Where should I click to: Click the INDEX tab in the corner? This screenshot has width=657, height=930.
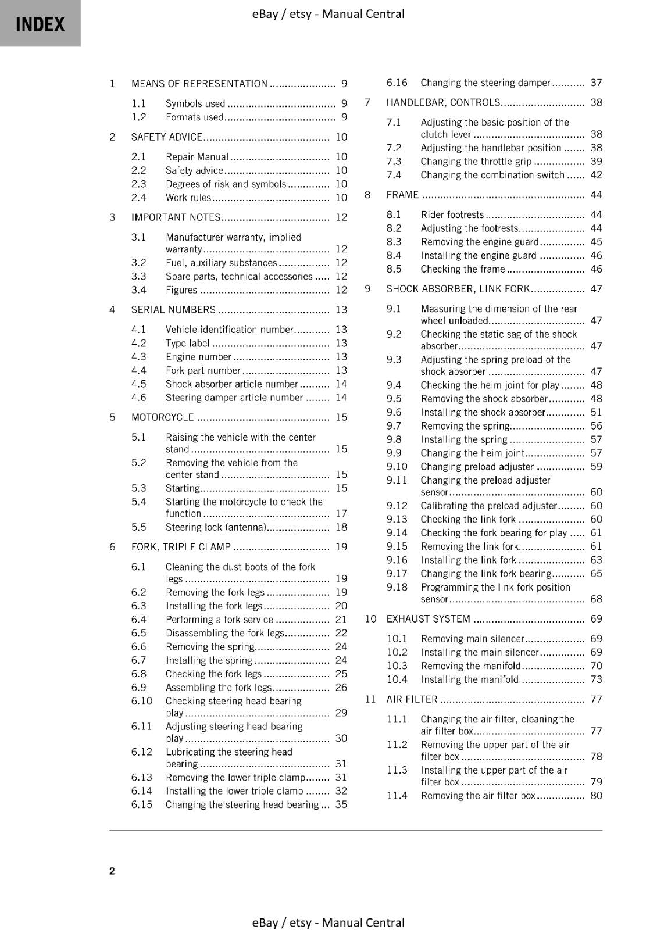coord(40,24)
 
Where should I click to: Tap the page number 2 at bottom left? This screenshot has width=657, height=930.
coord(112,871)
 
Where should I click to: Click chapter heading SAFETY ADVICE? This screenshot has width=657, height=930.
coord(167,137)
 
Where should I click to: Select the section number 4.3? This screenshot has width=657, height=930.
coord(138,357)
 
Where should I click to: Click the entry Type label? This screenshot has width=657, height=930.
coord(187,344)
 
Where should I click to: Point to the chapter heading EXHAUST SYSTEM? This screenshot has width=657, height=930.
coord(429,619)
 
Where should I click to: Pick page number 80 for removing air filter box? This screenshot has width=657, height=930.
coord(596,796)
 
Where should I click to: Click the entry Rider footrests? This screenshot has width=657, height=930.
coord(452,215)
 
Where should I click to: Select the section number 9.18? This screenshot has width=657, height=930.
coord(397,587)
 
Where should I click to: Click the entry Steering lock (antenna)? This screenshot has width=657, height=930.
coord(216,528)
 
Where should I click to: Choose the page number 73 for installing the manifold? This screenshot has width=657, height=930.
coord(596,679)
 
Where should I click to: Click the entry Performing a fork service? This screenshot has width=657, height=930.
coord(219,620)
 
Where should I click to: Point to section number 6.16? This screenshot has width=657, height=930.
coord(397,83)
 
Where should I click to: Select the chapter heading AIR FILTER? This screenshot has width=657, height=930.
coord(412,699)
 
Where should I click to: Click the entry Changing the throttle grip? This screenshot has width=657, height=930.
coord(476,162)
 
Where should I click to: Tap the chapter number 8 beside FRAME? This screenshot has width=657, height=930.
coord(367,195)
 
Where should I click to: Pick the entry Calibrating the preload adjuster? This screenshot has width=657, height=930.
coord(488,506)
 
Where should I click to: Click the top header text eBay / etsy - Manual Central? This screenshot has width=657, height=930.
coord(328,14)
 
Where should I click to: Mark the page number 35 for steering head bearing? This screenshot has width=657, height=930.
coord(341,805)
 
